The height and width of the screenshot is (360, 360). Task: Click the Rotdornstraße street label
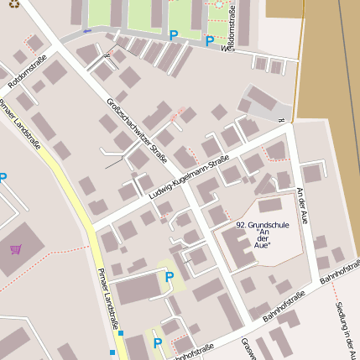(28, 72)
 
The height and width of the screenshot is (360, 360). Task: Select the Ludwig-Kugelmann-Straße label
(189, 180)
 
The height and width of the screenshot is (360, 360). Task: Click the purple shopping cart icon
(16, 248)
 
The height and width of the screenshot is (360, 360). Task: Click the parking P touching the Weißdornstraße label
(209, 40)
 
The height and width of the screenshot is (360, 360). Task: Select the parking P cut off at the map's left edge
(3, 178)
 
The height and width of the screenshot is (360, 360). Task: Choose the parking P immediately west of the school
(169, 277)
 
